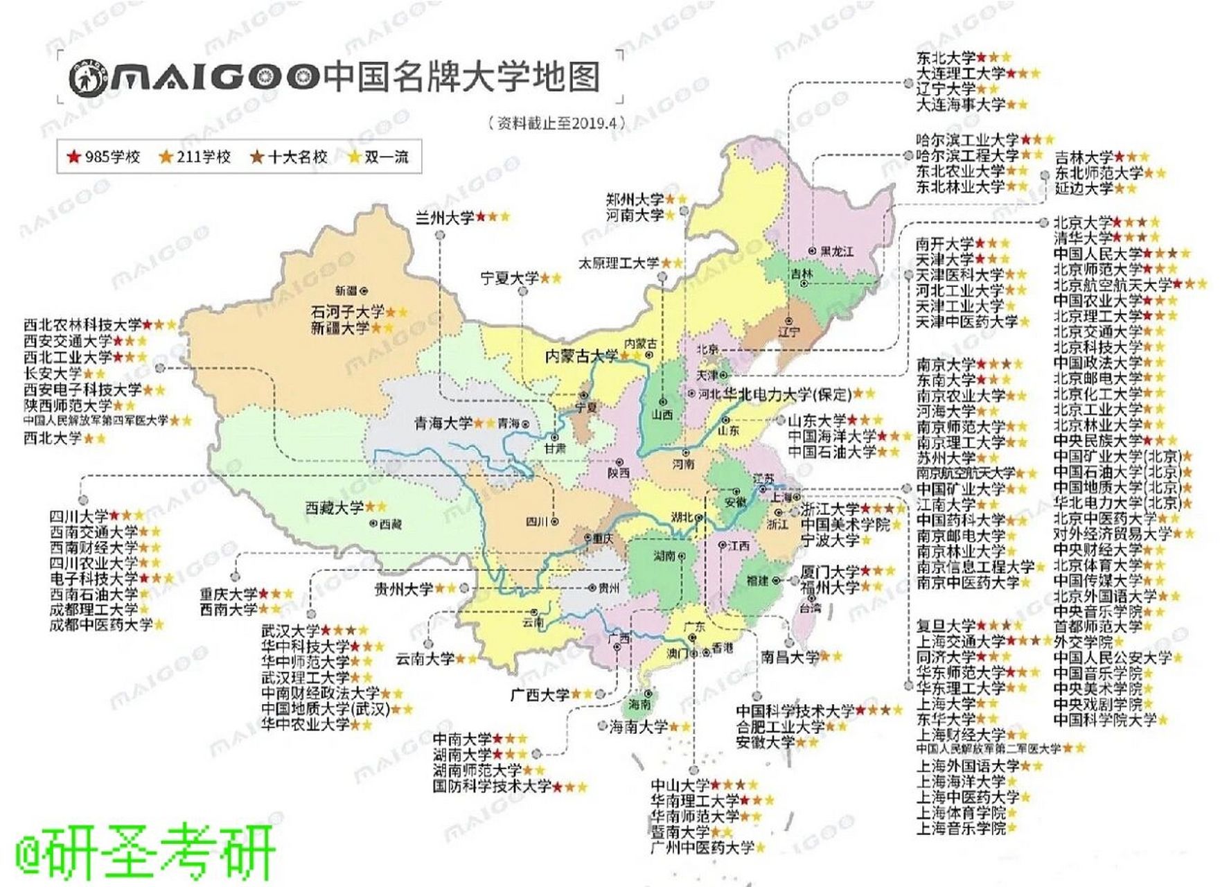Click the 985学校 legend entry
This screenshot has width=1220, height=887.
(104, 157)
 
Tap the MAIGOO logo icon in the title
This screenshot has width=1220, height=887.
(88, 77)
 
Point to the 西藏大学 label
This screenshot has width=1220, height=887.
(335, 508)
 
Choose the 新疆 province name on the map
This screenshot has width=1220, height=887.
(346, 290)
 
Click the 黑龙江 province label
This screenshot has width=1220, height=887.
(836, 251)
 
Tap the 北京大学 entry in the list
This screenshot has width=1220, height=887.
(1082, 223)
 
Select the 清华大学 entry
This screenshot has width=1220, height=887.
(1082, 238)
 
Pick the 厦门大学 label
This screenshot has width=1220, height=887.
(829, 572)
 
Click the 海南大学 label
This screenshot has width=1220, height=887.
(638, 727)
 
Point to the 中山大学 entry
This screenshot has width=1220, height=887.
(680, 785)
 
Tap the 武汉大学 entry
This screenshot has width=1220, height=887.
(290, 631)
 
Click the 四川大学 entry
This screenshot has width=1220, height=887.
(78, 516)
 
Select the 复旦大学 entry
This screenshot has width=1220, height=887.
(946, 626)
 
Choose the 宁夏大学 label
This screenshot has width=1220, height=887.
(510, 279)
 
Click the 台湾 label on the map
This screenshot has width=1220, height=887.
(810, 608)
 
